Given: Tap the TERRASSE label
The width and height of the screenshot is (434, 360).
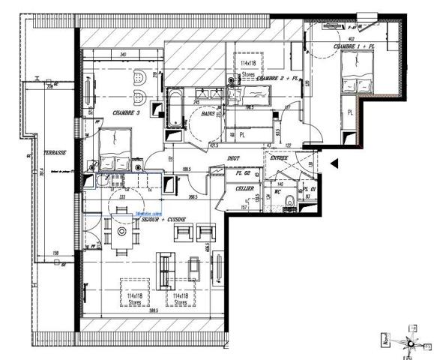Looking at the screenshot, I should coord(55,152).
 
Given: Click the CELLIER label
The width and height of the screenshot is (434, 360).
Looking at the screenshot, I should coord(245,188).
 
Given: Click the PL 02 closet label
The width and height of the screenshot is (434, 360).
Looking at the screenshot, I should coord(242,172).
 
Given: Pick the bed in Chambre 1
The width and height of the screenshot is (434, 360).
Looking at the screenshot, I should coord(355,74).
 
